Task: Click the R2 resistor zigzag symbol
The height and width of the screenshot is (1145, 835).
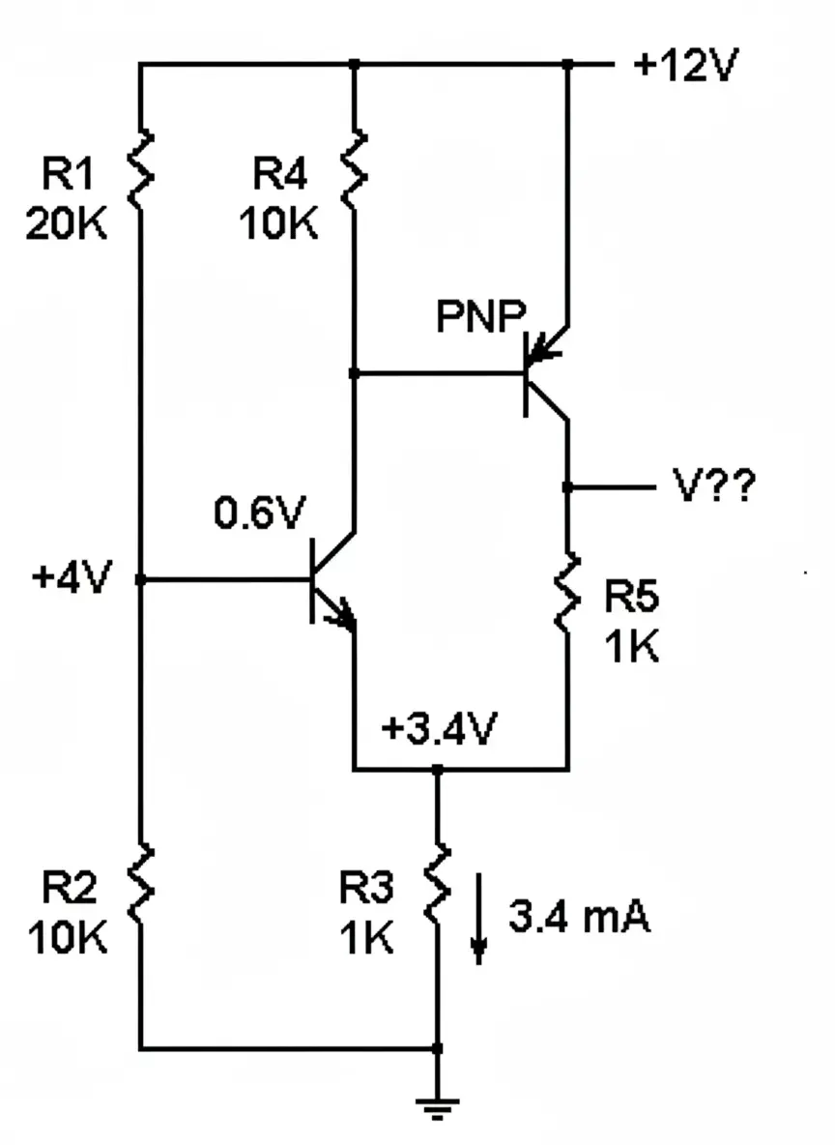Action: (141, 883)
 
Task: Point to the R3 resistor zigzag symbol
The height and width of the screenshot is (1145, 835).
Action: (438, 882)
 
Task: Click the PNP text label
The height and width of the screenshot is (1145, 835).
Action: (480, 316)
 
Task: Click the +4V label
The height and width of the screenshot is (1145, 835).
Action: (71, 578)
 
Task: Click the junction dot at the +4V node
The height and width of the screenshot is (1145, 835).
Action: (141, 580)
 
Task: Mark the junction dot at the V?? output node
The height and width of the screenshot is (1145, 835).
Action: (568, 487)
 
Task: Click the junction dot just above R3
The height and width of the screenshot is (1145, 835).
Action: (438, 770)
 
